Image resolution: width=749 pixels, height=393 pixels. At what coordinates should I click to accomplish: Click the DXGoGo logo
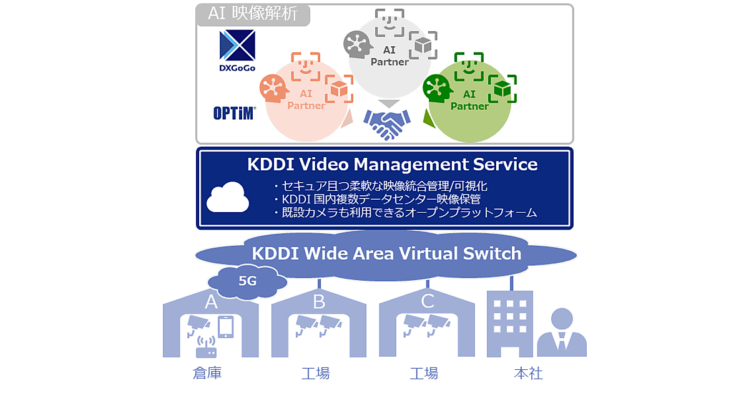click(237, 51)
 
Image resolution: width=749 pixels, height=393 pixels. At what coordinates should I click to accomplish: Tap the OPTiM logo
click(235, 114)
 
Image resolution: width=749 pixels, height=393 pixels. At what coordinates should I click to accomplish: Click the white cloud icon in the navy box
click(228, 197)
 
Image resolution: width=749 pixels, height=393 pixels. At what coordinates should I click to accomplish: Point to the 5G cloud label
click(247, 281)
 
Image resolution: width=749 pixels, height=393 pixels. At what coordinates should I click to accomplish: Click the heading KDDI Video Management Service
click(392, 165)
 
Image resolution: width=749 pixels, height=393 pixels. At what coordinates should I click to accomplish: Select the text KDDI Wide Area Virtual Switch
click(386, 253)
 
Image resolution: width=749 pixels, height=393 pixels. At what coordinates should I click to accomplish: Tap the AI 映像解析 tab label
click(253, 14)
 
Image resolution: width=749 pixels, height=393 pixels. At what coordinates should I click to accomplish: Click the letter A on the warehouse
click(211, 302)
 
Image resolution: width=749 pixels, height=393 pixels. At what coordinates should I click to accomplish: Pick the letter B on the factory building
click(319, 302)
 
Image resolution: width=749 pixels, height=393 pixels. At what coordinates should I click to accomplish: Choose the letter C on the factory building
click(428, 301)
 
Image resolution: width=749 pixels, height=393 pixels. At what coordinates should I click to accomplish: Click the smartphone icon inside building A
click(226, 327)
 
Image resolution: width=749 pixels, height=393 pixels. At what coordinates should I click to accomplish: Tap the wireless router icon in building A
click(206, 347)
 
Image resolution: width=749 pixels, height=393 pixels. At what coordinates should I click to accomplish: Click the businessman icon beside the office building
click(562, 332)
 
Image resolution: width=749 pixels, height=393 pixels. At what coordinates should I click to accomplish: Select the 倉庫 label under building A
click(207, 373)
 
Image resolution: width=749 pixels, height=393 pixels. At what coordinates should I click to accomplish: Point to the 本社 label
click(528, 373)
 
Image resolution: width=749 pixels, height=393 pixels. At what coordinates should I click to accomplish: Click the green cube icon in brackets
click(502, 89)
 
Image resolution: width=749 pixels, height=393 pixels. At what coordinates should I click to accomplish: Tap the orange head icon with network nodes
click(274, 88)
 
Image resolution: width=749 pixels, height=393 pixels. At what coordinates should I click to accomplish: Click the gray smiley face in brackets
click(389, 22)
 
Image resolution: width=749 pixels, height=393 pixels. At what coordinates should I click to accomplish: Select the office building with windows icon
click(510, 324)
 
